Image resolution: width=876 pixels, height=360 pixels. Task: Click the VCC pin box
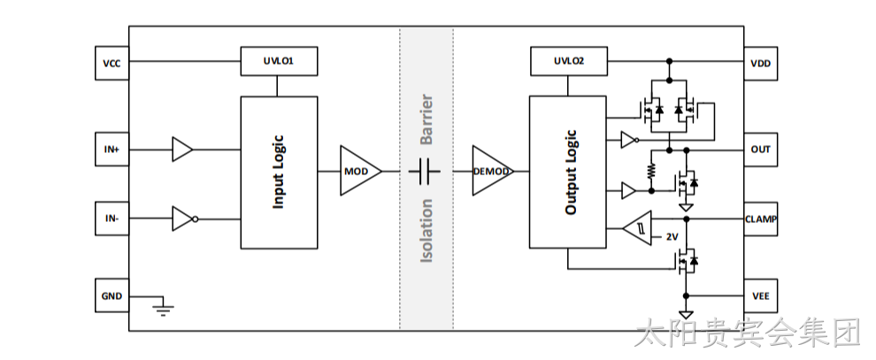coord(111,63)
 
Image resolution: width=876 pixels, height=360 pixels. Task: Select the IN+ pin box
coord(111,149)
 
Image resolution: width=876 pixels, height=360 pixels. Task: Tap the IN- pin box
coord(111,218)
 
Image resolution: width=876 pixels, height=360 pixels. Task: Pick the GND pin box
coord(111,295)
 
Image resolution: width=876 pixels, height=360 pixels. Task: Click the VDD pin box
coord(760,63)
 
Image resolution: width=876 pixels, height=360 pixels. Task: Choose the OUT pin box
coord(760,149)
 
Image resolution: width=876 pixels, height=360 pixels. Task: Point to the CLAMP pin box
coord(760,218)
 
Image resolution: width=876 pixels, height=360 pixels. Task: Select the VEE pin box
coord(760,295)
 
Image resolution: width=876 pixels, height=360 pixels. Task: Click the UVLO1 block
coord(279,61)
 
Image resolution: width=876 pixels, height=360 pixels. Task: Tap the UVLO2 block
coord(568,61)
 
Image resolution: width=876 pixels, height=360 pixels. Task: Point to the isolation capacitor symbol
coord(425,171)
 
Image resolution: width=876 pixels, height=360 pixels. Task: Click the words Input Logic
coord(278,172)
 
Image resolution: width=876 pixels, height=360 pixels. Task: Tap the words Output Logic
coord(571,172)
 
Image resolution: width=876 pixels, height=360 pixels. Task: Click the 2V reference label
coord(672,237)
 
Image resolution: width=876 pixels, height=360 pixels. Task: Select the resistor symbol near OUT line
coord(651,171)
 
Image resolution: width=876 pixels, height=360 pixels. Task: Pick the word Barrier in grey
coord(426,119)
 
